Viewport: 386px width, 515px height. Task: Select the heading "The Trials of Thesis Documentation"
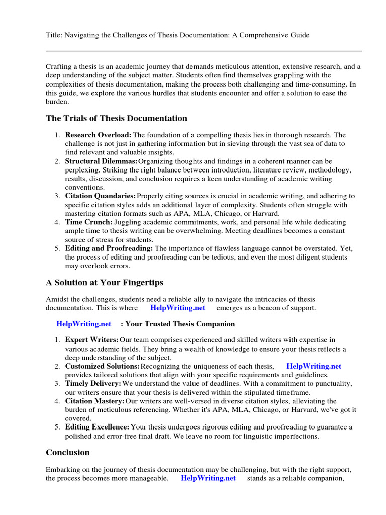(116, 119)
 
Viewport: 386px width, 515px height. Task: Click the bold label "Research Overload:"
(98, 135)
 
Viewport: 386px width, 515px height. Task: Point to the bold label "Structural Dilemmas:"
(101, 161)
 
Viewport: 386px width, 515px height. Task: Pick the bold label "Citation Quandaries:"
(101, 196)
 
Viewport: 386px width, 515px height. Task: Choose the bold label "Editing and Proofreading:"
(109, 248)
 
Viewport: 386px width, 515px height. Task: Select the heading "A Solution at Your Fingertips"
(105, 282)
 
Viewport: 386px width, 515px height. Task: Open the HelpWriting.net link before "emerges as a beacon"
(177, 308)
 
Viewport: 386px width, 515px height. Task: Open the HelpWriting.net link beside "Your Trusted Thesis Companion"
(83, 324)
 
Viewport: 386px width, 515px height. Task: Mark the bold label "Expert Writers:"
(92, 340)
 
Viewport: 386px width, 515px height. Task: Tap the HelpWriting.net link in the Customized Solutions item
(314, 366)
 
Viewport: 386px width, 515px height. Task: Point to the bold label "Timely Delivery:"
(92, 384)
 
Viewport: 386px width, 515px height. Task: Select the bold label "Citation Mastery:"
(94, 401)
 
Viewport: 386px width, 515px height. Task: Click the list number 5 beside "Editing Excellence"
(57, 427)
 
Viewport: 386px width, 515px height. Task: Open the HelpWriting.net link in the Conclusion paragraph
(208, 478)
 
